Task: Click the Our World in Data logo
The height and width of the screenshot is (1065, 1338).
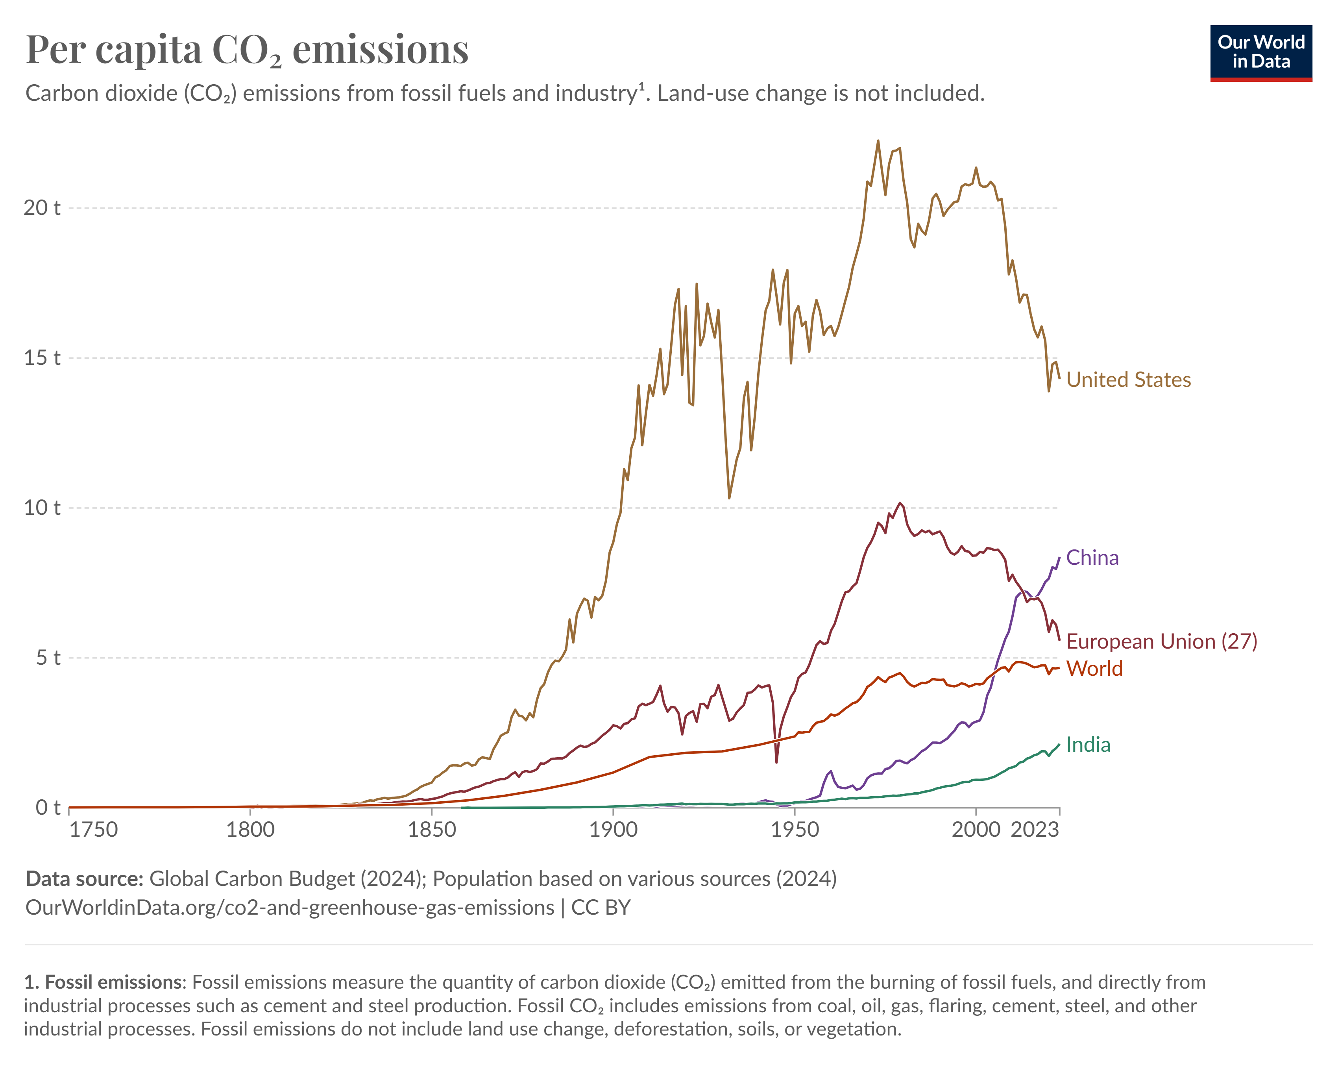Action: click(x=1260, y=53)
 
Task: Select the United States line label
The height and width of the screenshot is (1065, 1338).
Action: click(x=1128, y=380)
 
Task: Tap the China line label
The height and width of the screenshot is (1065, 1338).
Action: click(x=1092, y=558)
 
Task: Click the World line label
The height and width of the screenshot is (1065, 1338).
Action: click(x=1094, y=668)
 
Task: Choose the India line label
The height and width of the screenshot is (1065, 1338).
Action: click(x=1088, y=745)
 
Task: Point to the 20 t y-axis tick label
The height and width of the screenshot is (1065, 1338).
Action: click(x=42, y=208)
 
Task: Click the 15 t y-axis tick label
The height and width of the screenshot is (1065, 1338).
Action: click(x=42, y=358)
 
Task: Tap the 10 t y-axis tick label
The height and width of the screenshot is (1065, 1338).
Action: click(x=42, y=508)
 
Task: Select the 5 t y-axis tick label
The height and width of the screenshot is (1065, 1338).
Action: click(x=48, y=658)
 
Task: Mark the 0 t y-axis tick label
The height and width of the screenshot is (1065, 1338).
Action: click(x=48, y=808)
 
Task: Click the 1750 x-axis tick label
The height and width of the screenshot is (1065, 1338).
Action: click(x=93, y=830)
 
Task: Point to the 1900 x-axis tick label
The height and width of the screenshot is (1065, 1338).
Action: click(x=613, y=830)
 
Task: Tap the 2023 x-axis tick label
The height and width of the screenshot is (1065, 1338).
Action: click(x=1035, y=830)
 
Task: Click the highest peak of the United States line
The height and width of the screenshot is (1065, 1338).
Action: click(x=878, y=141)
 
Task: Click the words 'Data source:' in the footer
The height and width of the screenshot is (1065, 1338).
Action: click(x=84, y=879)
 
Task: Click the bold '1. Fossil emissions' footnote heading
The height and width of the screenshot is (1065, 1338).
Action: click(x=104, y=982)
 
